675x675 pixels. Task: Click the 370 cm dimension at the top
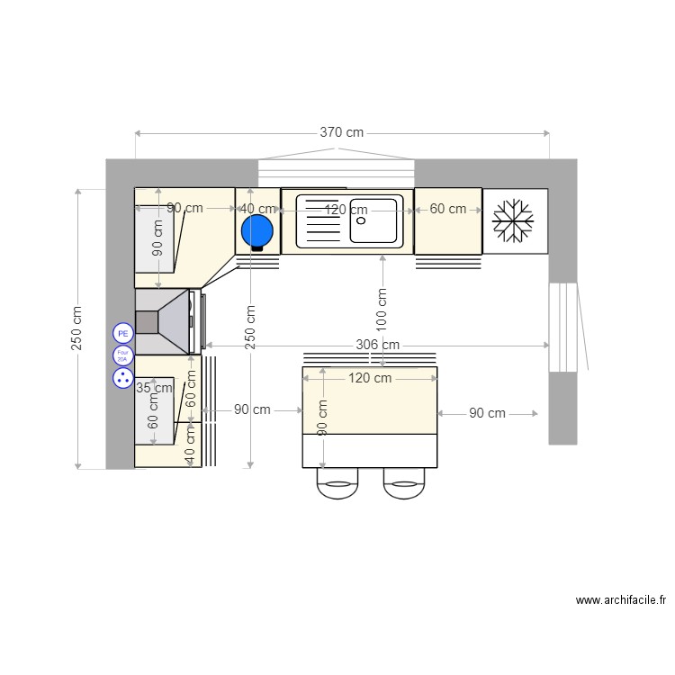[x=342, y=132]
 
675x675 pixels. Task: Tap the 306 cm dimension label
[x=377, y=345]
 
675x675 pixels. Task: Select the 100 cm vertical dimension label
[x=382, y=307]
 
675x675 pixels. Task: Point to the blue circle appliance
[x=257, y=231]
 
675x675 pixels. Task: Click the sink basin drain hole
[x=362, y=220]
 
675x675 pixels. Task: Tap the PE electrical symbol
[x=122, y=333]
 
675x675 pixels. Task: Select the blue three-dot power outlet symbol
[x=122, y=378]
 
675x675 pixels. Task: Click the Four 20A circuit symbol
[x=122, y=355]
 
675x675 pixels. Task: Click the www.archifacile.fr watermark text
[x=620, y=600]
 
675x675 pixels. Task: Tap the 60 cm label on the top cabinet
[x=448, y=209]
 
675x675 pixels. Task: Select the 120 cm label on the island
[x=370, y=378]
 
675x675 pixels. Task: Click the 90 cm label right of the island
[x=487, y=413]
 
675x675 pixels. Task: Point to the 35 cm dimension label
[x=154, y=388]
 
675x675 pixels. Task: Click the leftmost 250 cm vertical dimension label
[x=76, y=328]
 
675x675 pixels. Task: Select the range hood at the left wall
[x=164, y=321]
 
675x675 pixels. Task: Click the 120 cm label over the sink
[x=346, y=210]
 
